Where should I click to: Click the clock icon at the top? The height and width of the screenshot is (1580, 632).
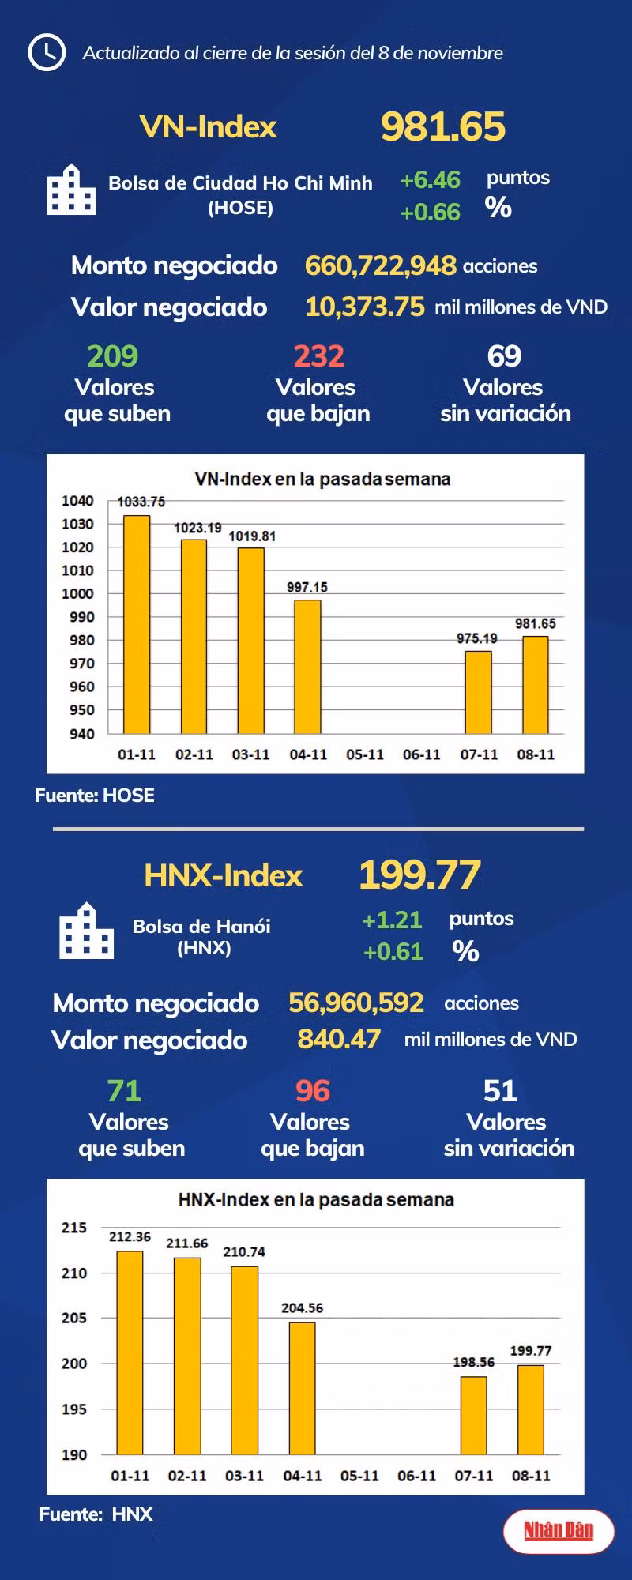47,52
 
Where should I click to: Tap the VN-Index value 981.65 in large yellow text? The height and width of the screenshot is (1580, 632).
442,126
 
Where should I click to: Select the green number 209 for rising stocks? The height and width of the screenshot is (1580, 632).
113,356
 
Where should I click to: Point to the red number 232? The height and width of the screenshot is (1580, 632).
319,356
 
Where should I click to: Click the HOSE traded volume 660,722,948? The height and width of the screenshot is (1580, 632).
381,265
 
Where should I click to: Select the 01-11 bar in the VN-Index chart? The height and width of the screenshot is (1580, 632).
137,624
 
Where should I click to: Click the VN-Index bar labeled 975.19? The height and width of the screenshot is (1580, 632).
478,692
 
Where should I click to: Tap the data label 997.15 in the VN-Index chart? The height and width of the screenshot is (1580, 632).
307,587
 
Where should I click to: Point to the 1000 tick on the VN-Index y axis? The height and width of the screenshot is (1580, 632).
77,593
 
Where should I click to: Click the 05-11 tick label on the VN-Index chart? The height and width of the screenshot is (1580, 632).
365,754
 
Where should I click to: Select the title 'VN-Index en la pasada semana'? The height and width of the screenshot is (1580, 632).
322,479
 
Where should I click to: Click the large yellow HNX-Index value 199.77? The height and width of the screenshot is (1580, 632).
419,875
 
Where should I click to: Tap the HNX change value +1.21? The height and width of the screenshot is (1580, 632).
392,920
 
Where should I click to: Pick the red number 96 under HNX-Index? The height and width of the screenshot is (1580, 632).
313,1091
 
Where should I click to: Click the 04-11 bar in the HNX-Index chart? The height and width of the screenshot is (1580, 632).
302,1388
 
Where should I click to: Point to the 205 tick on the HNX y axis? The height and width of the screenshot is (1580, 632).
74,1318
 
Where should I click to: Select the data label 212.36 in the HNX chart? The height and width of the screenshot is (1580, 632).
130,1236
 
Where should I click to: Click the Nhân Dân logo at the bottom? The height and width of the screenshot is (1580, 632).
559,1531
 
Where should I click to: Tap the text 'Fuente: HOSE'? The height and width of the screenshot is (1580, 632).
95,796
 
